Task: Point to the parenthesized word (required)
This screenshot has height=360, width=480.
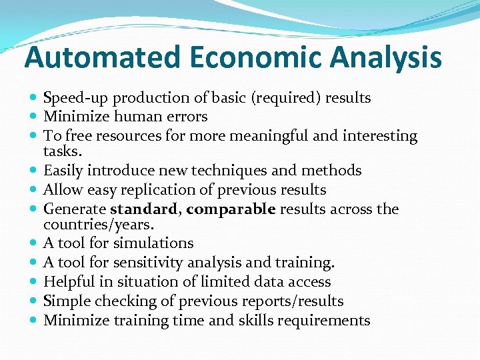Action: [x=286, y=98]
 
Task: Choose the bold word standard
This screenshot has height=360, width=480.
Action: [x=143, y=209]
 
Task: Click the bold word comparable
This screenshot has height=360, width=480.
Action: [x=231, y=209]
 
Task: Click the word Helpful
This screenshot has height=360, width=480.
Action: [x=69, y=282]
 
